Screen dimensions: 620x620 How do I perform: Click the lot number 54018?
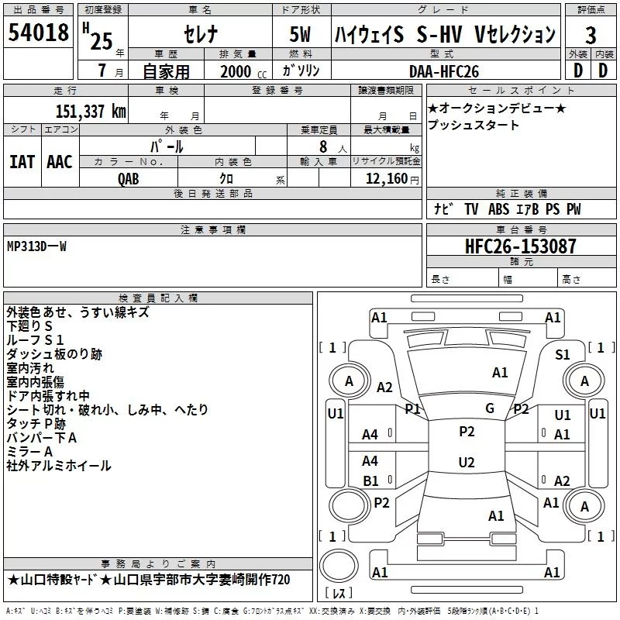pyautogui.click(x=38, y=32)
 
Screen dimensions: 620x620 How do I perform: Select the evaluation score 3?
pyautogui.click(x=591, y=35)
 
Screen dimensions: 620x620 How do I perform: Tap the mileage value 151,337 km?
pyautogui.click(x=91, y=112)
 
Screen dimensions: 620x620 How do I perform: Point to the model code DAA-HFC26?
pyautogui.click(x=444, y=71)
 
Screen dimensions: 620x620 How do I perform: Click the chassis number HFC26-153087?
pyautogui.click(x=520, y=246)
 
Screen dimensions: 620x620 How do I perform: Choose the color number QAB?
pyautogui.click(x=129, y=179)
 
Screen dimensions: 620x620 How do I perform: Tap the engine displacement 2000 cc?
pyautogui.click(x=243, y=71)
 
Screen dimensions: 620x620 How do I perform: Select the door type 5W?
pyautogui.click(x=300, y=34)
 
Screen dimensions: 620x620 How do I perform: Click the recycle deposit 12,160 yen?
pyautogui.click(x=392, y=179)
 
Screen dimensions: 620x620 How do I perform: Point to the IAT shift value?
pyautogui.click(x=22, y=162)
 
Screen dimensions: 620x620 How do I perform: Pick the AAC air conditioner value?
pyautogui.click(x=60, y=162)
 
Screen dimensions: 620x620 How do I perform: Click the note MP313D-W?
pyautogui.click(x=36, y=246)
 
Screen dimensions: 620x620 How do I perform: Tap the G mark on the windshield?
pyautogui.click(x=490, y=408)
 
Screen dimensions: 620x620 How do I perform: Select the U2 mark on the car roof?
pyautogui.click(x=467, y=462)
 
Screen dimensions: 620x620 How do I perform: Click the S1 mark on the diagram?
pyautogui.click(x=563, y=354)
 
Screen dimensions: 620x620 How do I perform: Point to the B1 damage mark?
pyautogui.click(x=370, y=480)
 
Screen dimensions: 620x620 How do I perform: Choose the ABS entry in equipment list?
pyautogui.click(x=498, y=208)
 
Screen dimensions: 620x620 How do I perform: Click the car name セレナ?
pyautogui.click(x=201, y=34)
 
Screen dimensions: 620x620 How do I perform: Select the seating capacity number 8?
pyautogui.click(x=323, y=146)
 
